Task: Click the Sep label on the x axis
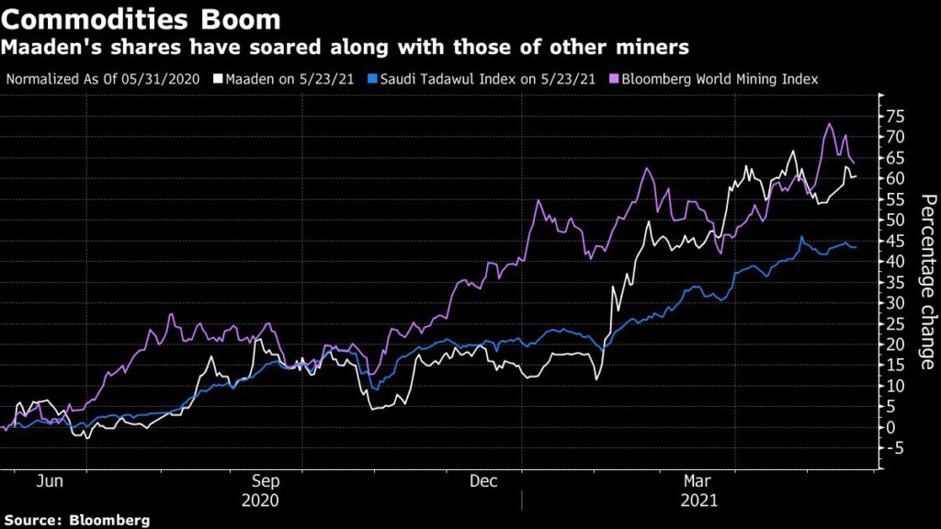(x=265, y=480)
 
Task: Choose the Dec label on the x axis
(x=483, y=480)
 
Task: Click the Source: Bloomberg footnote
(x=75, y=520)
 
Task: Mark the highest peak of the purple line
(x=829, y=124)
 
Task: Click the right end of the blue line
(x=856, y=247)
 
